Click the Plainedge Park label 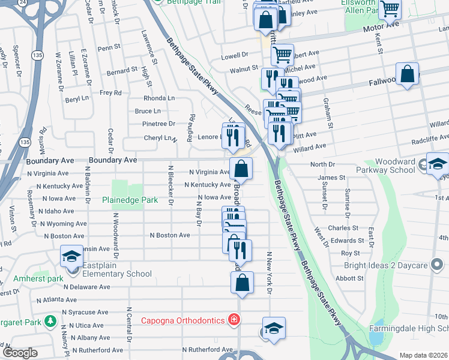click(130, 200)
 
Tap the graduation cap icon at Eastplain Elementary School click(71, 257)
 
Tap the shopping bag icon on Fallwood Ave click(408, 74)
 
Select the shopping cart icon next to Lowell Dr click(282, 55)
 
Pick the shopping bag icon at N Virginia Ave click(241, 169)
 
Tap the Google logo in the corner click(20, 352)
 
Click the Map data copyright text click(423, 355)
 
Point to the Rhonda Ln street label click(159, 98)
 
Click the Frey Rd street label click(110, 92)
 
